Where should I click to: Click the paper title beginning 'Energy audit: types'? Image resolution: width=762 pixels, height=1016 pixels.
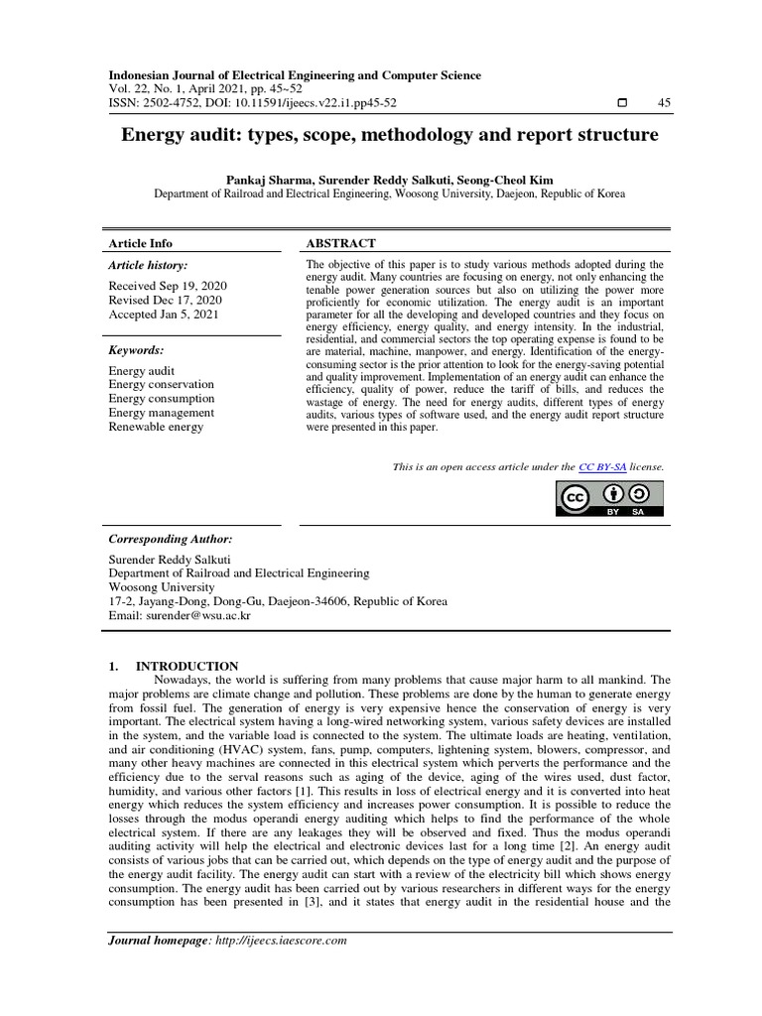389,134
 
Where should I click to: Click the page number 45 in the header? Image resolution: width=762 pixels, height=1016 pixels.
664,104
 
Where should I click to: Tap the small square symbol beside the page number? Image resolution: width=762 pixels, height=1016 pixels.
622,104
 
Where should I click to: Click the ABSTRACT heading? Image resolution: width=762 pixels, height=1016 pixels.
340,243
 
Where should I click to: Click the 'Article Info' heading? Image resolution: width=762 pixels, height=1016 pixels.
140,243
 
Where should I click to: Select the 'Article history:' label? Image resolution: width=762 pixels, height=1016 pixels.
147,266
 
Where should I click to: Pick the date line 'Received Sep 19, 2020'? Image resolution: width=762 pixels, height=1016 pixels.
168,286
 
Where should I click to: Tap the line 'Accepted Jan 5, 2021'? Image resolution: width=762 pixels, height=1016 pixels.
164,314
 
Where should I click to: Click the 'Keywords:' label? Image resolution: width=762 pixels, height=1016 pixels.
136,350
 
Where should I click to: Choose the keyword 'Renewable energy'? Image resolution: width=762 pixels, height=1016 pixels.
156,427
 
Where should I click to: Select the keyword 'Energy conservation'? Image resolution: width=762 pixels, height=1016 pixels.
161,385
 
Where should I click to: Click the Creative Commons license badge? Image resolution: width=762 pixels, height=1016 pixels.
609,499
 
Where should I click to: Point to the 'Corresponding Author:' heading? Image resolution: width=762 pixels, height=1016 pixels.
170,539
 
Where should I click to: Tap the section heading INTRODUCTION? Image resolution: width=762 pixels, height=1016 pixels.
187,666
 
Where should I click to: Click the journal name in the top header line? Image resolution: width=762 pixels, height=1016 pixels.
295,75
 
